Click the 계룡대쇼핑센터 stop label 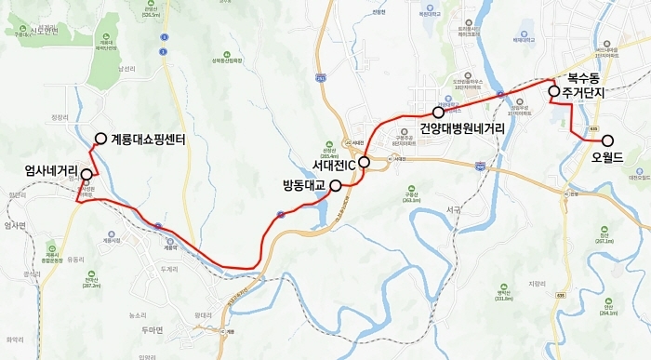pos(149,140)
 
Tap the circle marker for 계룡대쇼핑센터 pos(100,140)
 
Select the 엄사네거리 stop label pos(52,171)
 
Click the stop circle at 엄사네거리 pos(86,174)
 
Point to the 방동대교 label pos(304,186)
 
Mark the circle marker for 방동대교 pos(336,185)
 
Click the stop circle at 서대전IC pos(365,162)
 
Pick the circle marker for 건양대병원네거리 pos(438,112)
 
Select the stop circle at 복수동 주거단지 pos(554,91)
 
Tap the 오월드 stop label pos(610,156)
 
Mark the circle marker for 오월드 pos(608,140)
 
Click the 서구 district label pos(453,210)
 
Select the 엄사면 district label pos(16,225)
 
